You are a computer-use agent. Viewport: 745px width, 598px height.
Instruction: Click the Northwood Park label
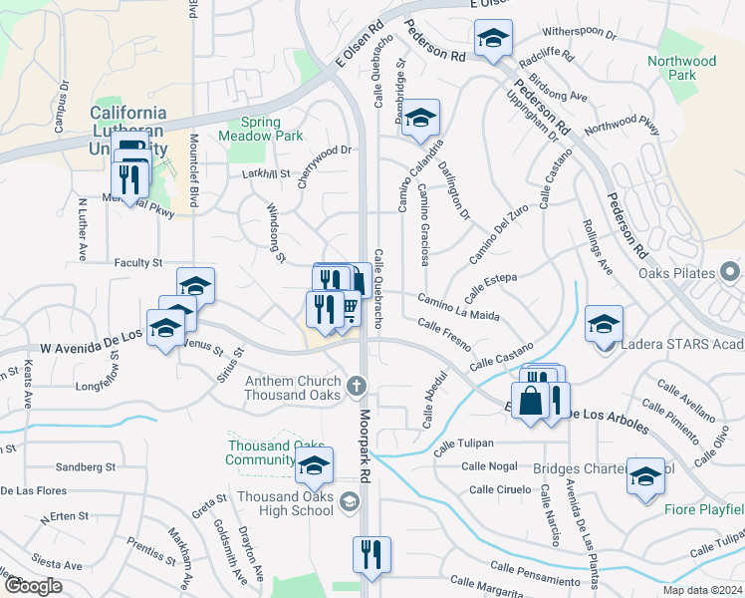pyautogui.click(x=681, y=68)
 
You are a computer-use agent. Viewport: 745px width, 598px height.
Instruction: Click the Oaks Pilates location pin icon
pyautogui.click(x=730, y=272)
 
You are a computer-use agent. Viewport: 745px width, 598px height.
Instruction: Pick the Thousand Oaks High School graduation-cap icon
pyautogui.click(x=349, y=502)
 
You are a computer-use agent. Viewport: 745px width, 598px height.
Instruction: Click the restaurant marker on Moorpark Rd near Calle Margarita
pyautogui.click(x=372, y=555)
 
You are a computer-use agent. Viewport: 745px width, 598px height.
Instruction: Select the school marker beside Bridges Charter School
pyautogui.click(x=645, y=476)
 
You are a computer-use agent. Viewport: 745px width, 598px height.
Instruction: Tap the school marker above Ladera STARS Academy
pyautogui.click(x=604, y=325)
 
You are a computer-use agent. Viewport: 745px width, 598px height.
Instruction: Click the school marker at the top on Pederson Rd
pyautogui.click(x=493, y=39)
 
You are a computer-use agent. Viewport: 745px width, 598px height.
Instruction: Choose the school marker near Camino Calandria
pyautogui.click(x=420, y=119)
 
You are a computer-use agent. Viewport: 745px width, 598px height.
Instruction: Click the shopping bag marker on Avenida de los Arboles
pyautogui.click(x=532, y=402)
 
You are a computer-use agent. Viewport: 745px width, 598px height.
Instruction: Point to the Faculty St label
pyautogui.click(x=137, y=263)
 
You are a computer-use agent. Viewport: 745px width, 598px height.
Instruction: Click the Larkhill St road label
pyautogui.click(x=264, y=173)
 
